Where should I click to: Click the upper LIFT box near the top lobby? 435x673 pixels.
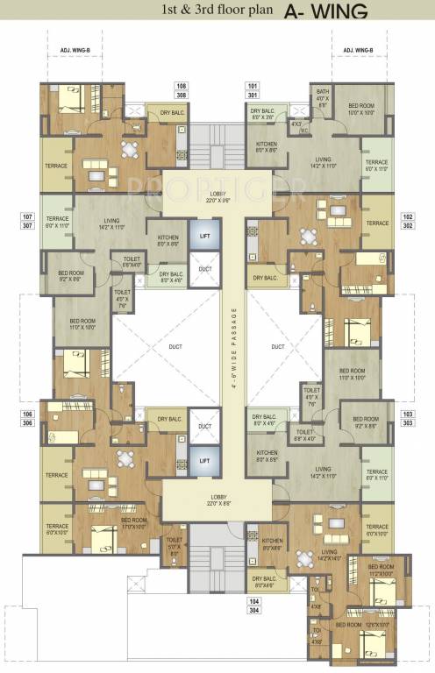pyautogui.click(x=204, y=237)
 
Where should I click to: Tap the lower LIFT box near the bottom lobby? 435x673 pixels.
pyautogui.click(x=204, y=459)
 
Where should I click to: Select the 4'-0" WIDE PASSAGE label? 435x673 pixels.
pyautogui.click(x=232, y=347)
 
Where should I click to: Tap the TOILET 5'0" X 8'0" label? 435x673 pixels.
pyautogui.click(x=174, y=546)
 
